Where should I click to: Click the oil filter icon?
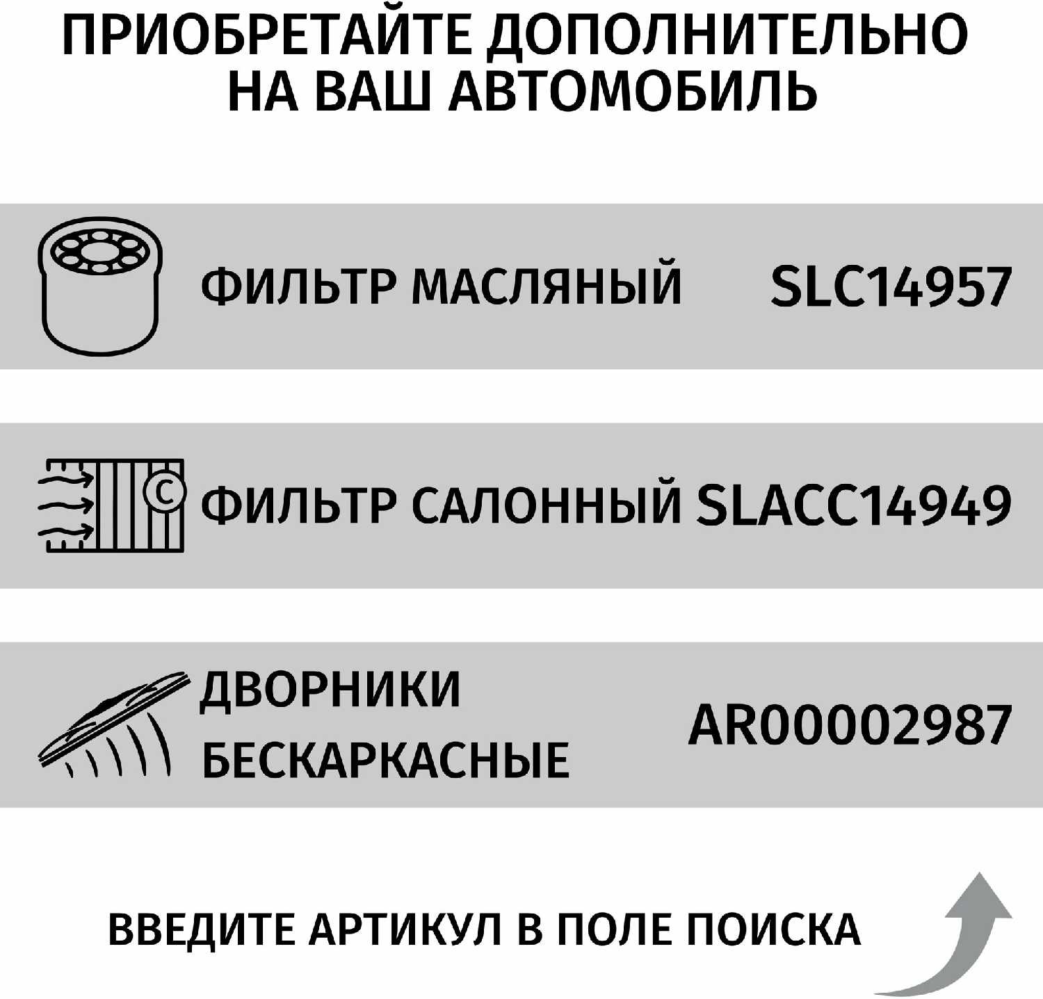tap(99, 286)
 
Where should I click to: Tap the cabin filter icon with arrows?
tap(111, 505)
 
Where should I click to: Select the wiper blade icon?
tap(111, 724)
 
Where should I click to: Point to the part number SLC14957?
tap(891, 286)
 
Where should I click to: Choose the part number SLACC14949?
tap(853, 505)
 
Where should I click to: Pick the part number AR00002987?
tap(849, 724)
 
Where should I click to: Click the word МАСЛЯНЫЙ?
tap(547, 285)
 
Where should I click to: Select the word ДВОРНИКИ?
tap(330, 690)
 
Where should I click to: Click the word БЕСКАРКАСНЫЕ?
tap(385, 760)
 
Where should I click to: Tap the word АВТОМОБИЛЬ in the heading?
tap(633, 92)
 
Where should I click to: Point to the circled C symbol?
tap(165, 492)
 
